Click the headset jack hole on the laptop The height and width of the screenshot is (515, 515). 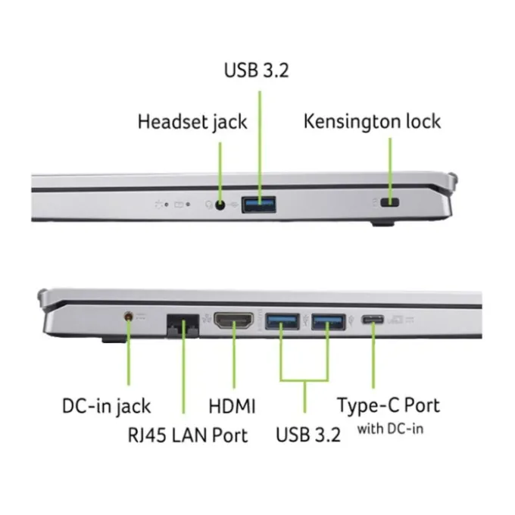click(220, 205)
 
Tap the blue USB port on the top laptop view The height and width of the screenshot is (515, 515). click(259, 204)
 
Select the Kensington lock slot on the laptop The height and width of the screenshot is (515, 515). click(390, 203)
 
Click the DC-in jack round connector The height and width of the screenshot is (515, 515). click(129, 317)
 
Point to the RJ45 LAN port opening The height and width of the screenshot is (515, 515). click(183, 326)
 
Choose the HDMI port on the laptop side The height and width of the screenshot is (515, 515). click(234, 320)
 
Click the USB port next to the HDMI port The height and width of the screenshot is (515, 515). click(282, 321)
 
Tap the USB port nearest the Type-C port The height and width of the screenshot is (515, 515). click(328, 322)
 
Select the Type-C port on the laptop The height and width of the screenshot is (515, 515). click(373, 320)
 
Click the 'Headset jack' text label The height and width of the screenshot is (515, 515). click(192, 122)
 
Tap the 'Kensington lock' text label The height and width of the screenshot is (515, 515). click(372, 121)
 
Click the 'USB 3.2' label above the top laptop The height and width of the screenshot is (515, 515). click(256, 70)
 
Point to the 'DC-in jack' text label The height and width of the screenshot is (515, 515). click(106, 407)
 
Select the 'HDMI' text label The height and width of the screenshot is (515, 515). click(232, 406)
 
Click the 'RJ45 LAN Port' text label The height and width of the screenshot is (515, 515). click(188, 435)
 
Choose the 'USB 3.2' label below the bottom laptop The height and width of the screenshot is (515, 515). click(308, 435)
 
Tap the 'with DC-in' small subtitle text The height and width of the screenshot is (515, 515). click(390, 429)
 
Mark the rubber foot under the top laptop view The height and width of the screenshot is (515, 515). click(382, 224)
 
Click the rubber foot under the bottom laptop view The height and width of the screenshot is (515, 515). click(114, 339)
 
